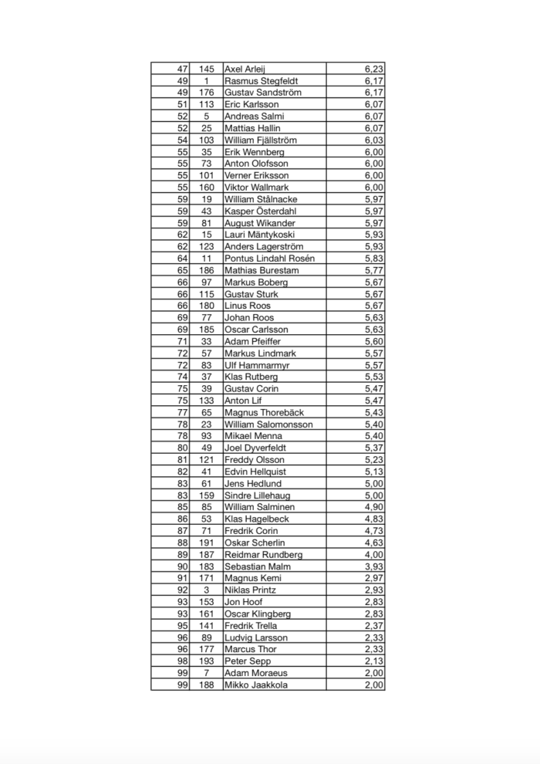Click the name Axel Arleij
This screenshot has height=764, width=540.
(245, 69)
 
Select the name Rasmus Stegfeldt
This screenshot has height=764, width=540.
(261, 80)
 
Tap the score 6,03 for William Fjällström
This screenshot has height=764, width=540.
(373, 140)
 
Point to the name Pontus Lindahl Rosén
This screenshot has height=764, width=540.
(269, 259)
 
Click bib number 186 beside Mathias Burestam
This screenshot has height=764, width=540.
(207, 270)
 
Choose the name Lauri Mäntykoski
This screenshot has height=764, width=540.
(258, 235)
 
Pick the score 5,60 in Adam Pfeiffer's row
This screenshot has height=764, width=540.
(373, 341)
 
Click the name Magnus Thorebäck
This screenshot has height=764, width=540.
(262, 412)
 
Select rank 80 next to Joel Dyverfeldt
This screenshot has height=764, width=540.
(183, 448)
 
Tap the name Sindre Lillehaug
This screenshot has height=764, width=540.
(257, 495)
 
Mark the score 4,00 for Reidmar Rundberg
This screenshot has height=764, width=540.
(373, 554)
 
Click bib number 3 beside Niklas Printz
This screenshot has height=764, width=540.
(207, 590)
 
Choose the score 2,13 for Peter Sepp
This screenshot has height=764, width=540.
(373, 661)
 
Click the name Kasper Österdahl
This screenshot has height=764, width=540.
(260, 211)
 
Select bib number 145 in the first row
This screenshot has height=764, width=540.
(207, 69)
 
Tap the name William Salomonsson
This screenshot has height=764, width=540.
(268, 424)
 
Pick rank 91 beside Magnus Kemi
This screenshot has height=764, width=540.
(183, 578)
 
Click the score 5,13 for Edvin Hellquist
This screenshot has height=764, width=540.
(373, 472)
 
